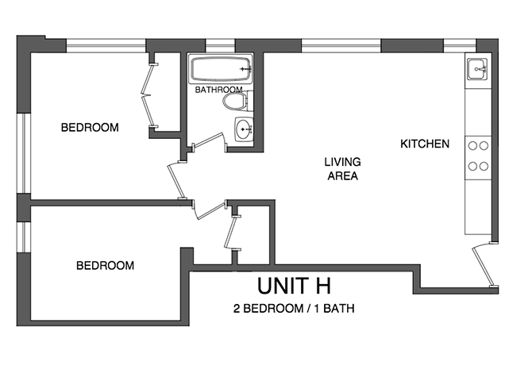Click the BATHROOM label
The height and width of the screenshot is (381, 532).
(x=218, y=90)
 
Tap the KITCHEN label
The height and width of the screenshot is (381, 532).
(x=425, y=144)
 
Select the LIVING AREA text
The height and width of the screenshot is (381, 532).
(x=341, y=169)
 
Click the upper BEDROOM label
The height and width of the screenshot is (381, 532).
(x=90, y=127)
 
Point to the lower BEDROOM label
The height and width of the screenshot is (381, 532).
(x=105, y=265)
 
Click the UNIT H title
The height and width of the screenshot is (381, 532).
(x=293, y=285)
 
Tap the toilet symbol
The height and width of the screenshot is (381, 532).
(x=234, y=102)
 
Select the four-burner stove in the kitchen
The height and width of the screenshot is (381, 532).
(x=477, y=156)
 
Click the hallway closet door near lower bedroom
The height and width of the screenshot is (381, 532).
(x=230, y=234)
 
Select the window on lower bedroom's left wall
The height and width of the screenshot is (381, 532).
(x=24, y=238)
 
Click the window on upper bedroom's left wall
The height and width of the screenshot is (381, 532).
(x=24, y=155)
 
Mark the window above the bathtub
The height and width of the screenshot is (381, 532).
(x=215, y=45)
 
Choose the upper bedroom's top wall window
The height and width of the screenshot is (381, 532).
(x=106, y=45)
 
